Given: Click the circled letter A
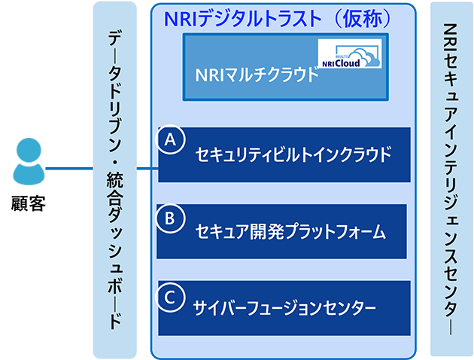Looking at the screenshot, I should [171, 140].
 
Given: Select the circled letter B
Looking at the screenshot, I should [171, 218].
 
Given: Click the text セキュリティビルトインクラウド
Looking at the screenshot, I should [293, 156].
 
